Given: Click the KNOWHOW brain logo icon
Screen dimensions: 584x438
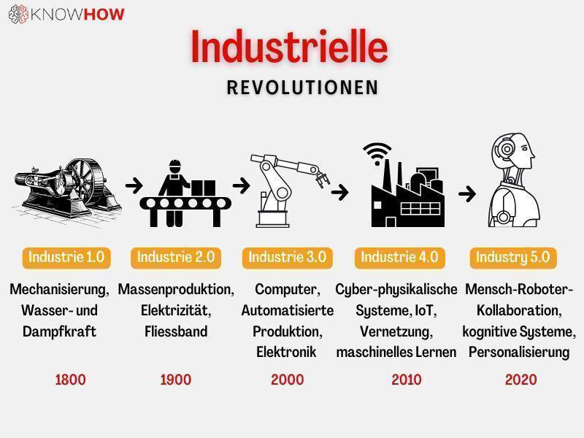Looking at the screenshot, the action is [18, 14].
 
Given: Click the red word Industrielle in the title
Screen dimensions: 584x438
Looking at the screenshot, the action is [289, 47].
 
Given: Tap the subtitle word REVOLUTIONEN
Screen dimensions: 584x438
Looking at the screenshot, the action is [302, 88].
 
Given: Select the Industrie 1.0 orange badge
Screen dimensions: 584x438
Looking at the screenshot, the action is [66, 258].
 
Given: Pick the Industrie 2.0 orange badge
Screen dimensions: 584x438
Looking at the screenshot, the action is [176, 258].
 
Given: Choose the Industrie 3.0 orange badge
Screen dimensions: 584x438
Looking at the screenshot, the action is [287, 258].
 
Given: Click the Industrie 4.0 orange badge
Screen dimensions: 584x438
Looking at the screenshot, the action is [399, 258].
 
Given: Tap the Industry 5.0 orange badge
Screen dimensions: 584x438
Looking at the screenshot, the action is [513, 258].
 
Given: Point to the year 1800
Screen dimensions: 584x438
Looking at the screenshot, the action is [70, 380].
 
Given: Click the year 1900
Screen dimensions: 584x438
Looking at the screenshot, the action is [176, 380].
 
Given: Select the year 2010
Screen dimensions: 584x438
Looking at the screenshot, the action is [407, 380].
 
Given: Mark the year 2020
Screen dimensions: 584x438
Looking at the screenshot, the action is [521, 380].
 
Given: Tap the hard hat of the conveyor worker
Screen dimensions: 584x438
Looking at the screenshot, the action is [174, 164].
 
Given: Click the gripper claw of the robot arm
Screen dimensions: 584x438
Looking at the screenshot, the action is [322, 180].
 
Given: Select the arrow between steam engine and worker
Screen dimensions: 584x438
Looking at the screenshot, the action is [134, 185].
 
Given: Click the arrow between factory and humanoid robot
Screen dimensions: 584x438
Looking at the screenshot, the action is [467, 193].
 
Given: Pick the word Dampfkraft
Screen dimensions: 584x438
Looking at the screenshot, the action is [60, 332].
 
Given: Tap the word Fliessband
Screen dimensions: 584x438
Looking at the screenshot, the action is [176, 331].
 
